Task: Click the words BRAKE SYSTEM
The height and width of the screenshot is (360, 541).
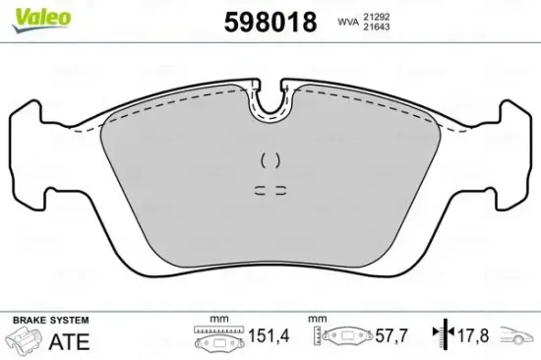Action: [50, 321]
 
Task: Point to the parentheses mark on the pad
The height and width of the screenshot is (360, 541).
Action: [270, 159]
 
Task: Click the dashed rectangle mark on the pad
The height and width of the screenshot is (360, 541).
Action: [269, 191]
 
